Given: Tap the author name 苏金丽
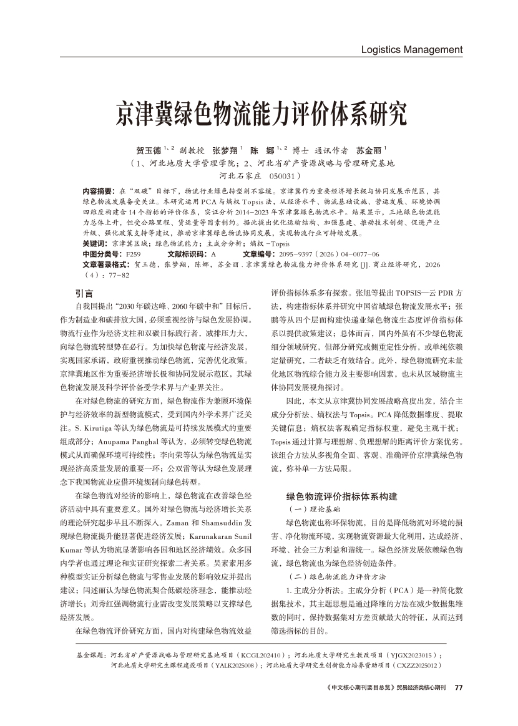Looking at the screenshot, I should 369,151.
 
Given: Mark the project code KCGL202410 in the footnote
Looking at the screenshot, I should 264,656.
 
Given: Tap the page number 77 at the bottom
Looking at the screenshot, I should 459,688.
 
